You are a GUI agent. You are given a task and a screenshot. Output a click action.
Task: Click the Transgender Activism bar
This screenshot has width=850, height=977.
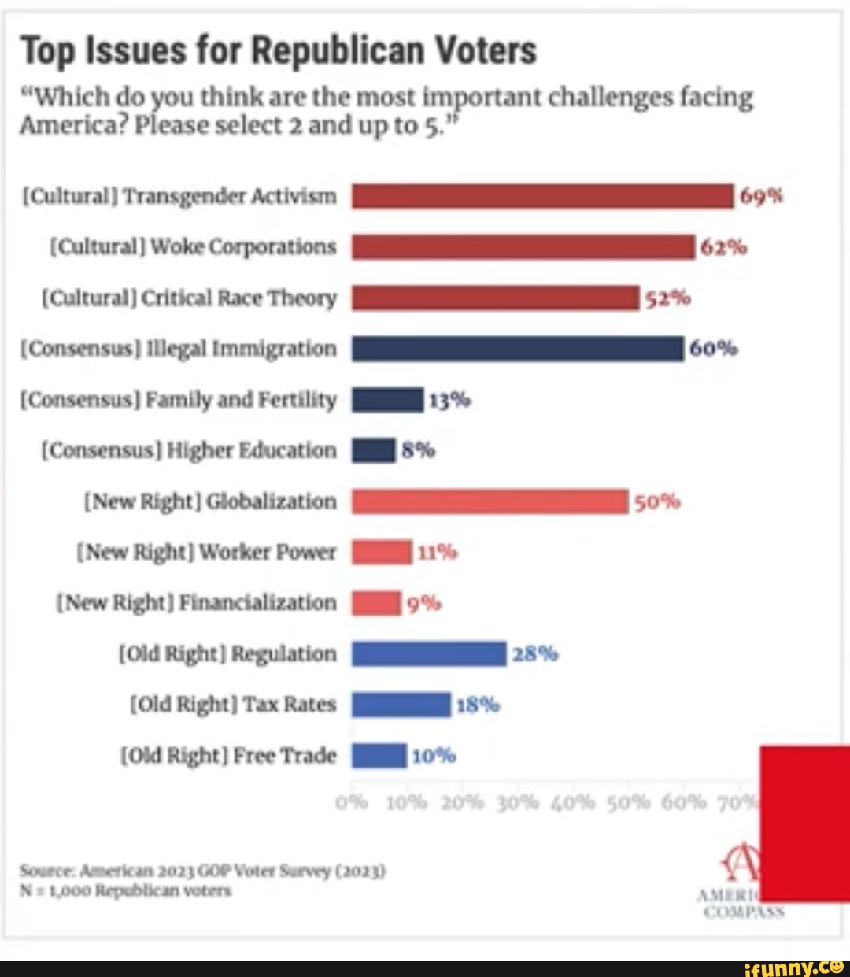542,196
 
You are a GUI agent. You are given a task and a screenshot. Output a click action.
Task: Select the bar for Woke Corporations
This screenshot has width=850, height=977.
523,247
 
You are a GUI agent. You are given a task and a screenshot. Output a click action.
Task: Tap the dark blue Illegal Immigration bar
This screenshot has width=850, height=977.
517,348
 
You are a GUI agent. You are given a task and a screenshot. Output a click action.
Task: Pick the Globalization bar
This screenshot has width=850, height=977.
490,501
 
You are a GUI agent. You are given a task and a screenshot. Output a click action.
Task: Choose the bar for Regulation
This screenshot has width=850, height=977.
429,653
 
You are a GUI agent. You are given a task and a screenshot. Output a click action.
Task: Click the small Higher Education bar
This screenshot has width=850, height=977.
373,450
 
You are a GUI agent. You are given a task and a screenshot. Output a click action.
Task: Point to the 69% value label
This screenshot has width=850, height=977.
761,196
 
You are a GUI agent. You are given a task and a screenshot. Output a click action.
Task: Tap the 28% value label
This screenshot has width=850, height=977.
535,653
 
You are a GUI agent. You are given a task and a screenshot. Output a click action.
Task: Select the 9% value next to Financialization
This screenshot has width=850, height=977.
425,604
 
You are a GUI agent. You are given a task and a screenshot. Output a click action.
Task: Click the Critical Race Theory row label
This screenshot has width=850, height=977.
189,298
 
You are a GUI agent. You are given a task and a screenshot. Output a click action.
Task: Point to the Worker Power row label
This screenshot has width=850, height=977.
209,552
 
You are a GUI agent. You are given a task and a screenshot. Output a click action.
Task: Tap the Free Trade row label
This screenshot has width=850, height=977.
227,756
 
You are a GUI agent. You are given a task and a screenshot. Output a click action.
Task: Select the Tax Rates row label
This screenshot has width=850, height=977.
232,704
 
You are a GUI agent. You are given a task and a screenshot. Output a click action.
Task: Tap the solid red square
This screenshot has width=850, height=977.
805,823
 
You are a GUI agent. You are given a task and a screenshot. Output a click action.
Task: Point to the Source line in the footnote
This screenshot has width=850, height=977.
203,872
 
